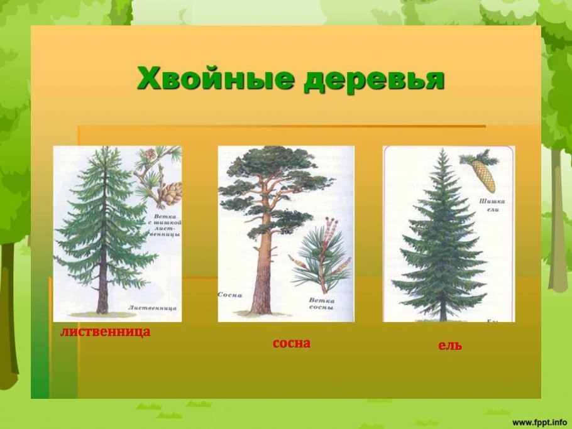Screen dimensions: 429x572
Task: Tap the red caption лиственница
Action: point(106,332)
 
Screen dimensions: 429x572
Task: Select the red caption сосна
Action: point(292,344)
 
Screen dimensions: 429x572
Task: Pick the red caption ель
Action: point(450,345)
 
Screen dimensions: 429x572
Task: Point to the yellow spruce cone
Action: point(484,175)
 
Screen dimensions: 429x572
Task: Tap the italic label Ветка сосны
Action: point(322,304)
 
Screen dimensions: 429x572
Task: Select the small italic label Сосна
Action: point(230,294)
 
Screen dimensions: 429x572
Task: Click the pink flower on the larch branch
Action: point(149,153)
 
